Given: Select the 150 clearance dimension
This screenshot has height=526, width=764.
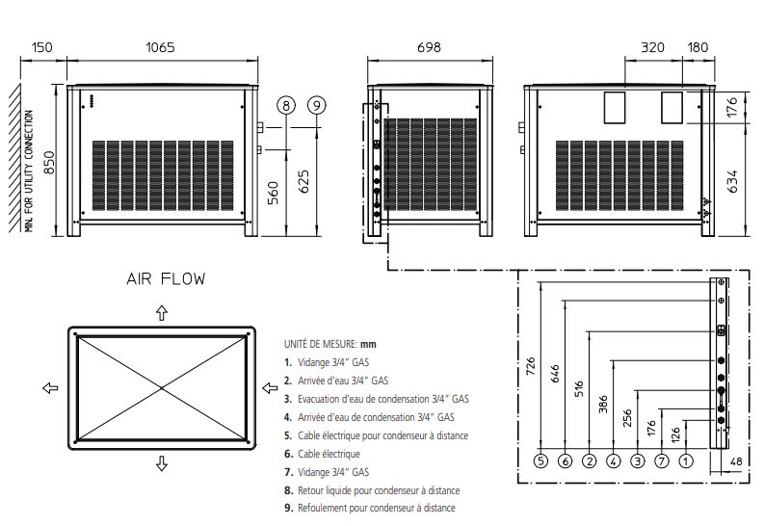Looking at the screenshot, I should tap(41, 48).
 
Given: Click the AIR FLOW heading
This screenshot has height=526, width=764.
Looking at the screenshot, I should tap(166, 279).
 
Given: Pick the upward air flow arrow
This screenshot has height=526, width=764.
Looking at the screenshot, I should tap(161, 312).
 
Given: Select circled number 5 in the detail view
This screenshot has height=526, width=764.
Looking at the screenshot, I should tap(541, 461).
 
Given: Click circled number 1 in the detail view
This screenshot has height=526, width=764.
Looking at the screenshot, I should tap(686, 461).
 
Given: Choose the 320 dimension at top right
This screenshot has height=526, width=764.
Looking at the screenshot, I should tap(653, 48).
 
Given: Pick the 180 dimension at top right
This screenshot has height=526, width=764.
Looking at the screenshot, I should tap(698, 48).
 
